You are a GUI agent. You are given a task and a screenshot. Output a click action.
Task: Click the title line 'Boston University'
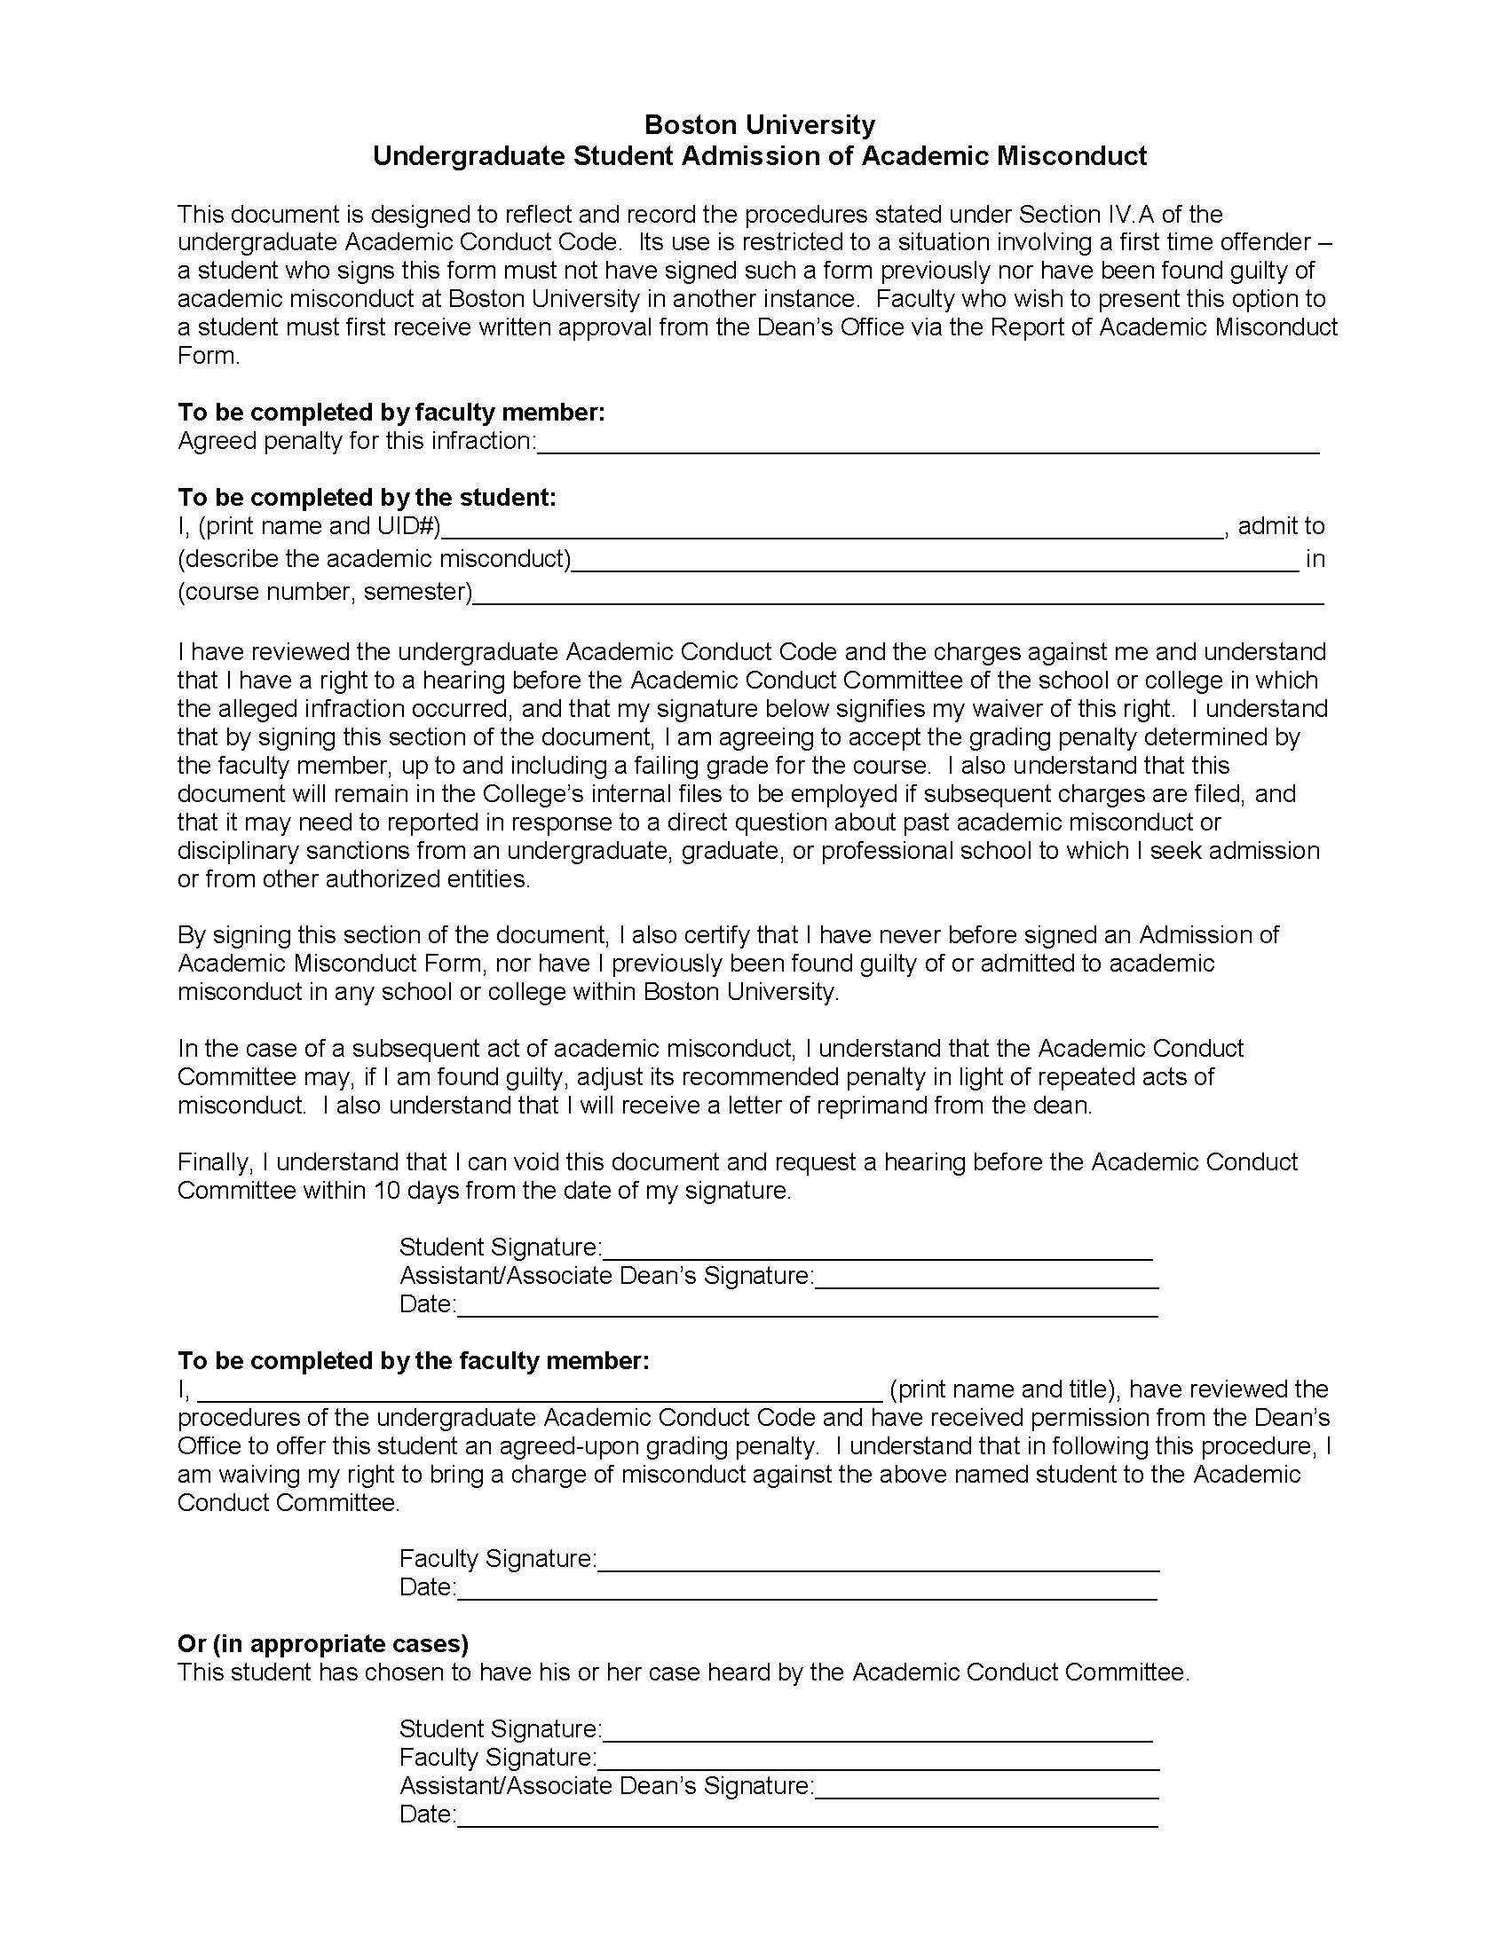(759, 124)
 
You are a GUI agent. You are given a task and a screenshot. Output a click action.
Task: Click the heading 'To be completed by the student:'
(367, 497)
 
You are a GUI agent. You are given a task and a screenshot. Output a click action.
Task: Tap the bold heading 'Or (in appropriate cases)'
(323, 1643)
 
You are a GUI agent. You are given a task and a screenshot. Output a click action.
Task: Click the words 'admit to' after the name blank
(1280, 525)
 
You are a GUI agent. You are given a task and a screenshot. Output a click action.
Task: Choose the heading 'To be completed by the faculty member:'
(413, 1360)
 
